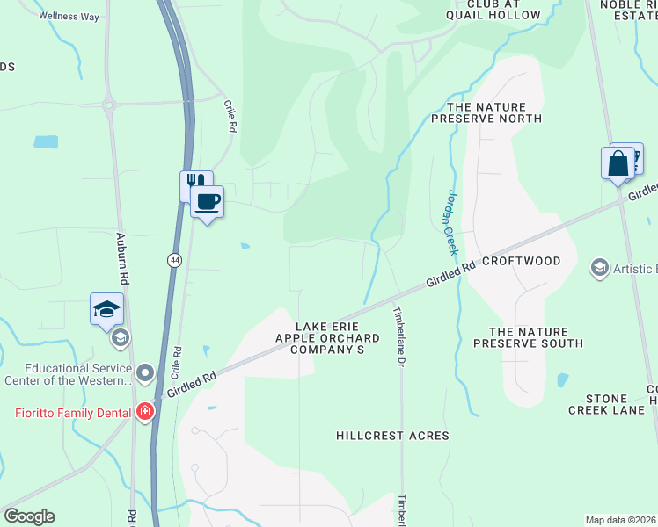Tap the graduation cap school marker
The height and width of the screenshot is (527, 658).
106,309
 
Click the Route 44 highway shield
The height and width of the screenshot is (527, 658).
175,260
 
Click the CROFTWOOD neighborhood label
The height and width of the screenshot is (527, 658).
523,262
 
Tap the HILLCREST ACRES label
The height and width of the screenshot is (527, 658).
392,436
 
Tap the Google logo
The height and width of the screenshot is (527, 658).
29,516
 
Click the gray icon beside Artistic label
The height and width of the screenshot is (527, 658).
600,267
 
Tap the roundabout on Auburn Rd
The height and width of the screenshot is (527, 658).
110,105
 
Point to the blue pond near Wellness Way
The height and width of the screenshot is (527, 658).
46,141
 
